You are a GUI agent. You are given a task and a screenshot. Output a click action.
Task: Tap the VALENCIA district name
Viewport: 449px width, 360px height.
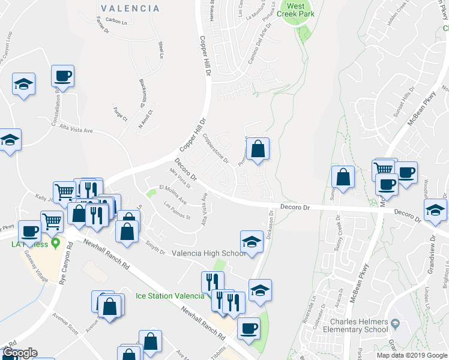click(x=130, y=8)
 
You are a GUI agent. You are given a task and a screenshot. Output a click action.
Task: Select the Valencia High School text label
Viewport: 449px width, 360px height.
click(x=209, y=253)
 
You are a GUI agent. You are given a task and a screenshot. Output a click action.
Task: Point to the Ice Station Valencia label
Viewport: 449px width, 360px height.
click(x=170, y=296)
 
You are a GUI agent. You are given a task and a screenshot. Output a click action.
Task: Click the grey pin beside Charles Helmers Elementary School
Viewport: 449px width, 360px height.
click(x=395, y=324)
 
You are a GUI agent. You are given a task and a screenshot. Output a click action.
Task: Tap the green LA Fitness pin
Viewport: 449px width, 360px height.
click(x=56, y=243)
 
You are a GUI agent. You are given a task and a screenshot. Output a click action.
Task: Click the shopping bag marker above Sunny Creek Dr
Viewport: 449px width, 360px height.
click(x=343, y=177)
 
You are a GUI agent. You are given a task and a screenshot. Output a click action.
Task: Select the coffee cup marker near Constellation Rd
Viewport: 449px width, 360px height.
click(x=62, y=76)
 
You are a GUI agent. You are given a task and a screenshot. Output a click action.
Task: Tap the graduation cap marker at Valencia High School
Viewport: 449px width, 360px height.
click(x=252, y=242)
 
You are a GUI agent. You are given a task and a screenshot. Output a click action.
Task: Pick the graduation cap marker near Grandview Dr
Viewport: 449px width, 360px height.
click(x=435, y=211)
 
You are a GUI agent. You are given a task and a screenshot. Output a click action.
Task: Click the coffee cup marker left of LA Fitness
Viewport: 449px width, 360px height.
click(x=29, y=231)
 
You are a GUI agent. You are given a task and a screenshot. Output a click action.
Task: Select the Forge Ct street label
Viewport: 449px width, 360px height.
click(x=120, y=113)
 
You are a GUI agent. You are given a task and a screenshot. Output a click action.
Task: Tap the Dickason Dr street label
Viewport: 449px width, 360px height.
click(x=270, y=227)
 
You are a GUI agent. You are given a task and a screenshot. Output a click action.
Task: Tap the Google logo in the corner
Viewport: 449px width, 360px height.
click(x=20, y=353)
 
